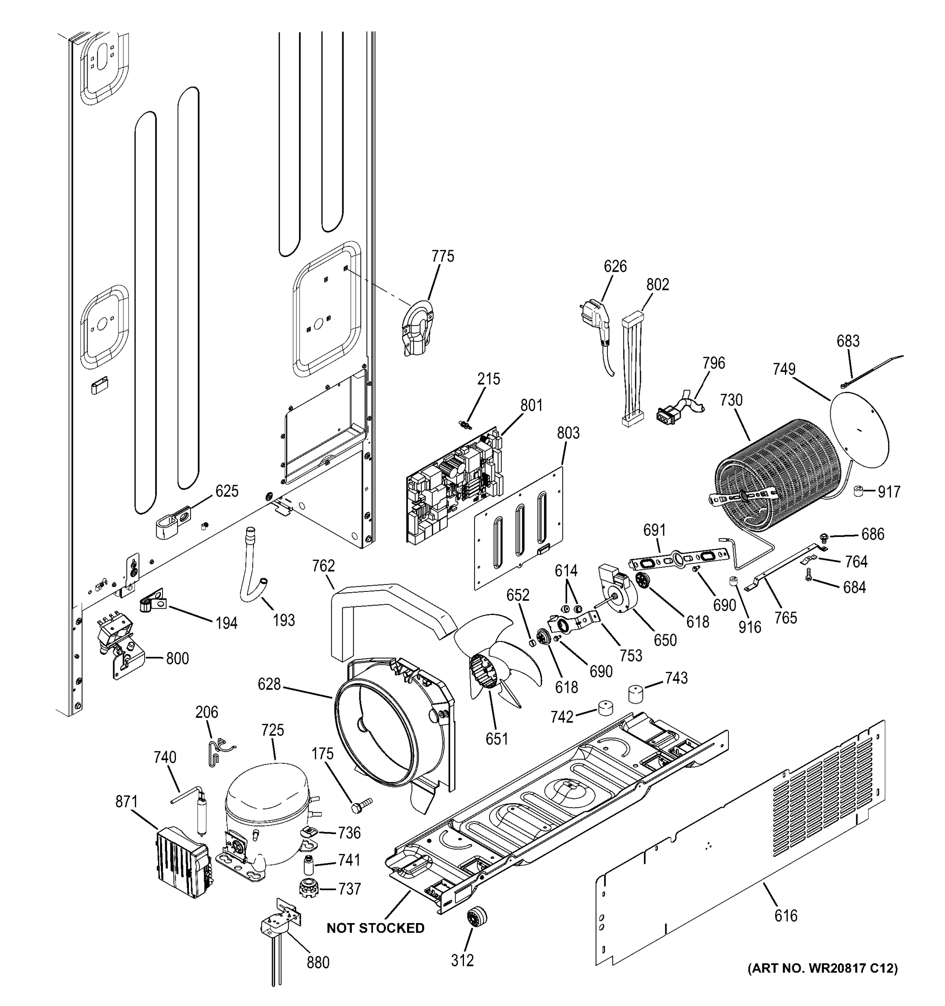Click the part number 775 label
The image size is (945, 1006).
[x=442, y=257]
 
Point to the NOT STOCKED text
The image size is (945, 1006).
[x=375, y=928]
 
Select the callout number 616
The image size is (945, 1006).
[x=786, y=916]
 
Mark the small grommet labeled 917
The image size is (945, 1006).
[x=857, y=490]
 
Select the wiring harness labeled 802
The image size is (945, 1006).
[x=633, y=369]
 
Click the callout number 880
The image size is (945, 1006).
[x=318, y=962]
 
